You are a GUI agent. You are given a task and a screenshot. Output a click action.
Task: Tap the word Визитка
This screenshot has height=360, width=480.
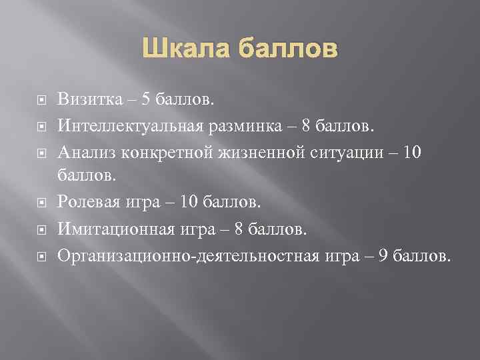tap(89, 99)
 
